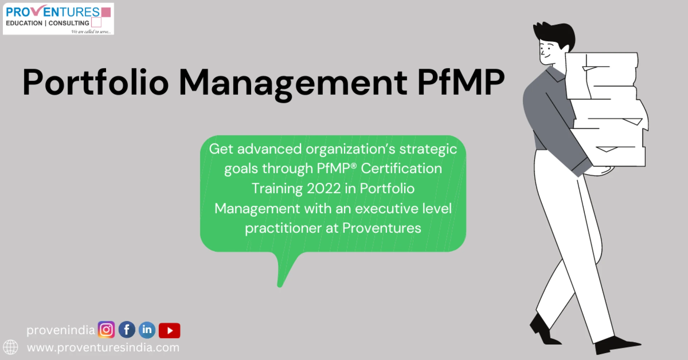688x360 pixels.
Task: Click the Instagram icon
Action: [x=106, y=330]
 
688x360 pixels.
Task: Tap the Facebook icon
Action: [x=127, y=330]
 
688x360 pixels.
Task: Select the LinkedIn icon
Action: [x=147, y=330]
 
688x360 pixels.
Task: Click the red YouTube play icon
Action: [x=169, y=330]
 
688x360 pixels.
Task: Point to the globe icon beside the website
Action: [x=10, y=347]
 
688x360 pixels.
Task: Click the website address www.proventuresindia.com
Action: [x=103, y=347]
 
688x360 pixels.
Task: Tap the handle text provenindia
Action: [x=61, y=330]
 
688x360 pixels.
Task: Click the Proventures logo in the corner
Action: [x=58, y=19]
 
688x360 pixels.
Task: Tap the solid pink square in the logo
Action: [x=106, y=12]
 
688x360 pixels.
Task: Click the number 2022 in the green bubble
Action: [x=324, y=188]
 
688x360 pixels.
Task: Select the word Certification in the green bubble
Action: [x=401, y=169]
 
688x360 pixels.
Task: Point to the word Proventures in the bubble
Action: [x=382, y=228]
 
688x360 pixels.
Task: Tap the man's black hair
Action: [x=555, y=32]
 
